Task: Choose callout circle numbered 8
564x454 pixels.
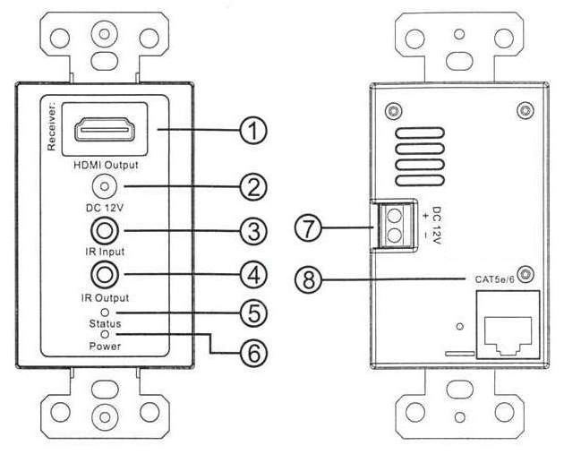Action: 309,281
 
